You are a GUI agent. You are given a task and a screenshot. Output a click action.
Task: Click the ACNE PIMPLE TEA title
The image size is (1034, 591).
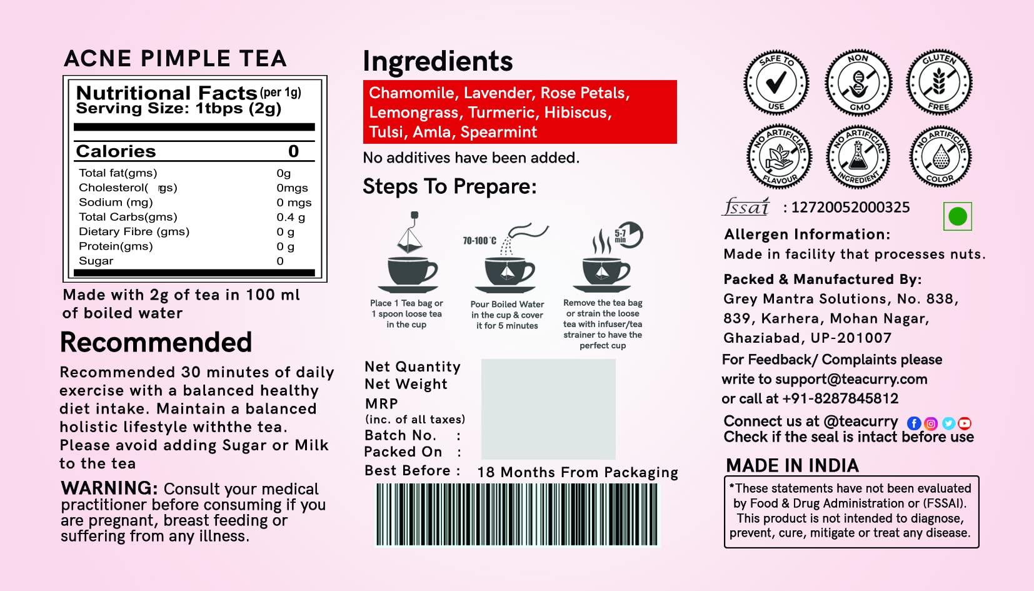click(175, 59)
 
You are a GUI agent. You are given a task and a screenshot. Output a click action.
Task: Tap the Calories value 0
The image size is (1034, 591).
click(293, 151)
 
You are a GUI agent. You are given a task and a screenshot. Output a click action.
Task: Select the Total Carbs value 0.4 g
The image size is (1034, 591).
click(291, 217)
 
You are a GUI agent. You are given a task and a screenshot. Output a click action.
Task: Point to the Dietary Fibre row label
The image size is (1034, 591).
click(134, 231)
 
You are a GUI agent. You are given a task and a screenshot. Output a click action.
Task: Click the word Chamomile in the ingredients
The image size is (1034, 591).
click(411, 93)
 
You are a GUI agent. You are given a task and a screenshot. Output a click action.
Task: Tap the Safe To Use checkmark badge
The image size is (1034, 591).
click(776, 83)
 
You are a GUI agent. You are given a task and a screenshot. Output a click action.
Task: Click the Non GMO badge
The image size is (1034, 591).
click(858, 83)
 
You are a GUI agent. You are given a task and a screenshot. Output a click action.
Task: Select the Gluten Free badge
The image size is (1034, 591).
click(939, 82)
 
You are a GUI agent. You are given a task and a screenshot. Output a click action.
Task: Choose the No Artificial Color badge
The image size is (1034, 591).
click(940, 156)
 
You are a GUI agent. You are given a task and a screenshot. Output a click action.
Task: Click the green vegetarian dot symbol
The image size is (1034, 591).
click(957, 216)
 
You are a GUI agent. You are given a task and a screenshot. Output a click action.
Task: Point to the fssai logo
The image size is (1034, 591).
click(746, 207)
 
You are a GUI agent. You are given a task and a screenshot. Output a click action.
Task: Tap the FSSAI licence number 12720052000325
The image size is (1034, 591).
click(850, 208)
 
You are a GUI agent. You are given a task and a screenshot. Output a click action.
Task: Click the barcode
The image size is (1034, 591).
click(517, 514)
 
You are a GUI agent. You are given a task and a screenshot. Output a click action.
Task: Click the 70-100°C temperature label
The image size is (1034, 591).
click(479, 241)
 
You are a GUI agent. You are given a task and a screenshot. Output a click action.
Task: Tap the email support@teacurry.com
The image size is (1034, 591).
click(851, 379)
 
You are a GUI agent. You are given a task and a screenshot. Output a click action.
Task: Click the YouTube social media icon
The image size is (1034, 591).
click(965, 423)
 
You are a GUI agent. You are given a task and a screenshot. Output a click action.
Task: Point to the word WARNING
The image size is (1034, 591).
click(109, 488)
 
